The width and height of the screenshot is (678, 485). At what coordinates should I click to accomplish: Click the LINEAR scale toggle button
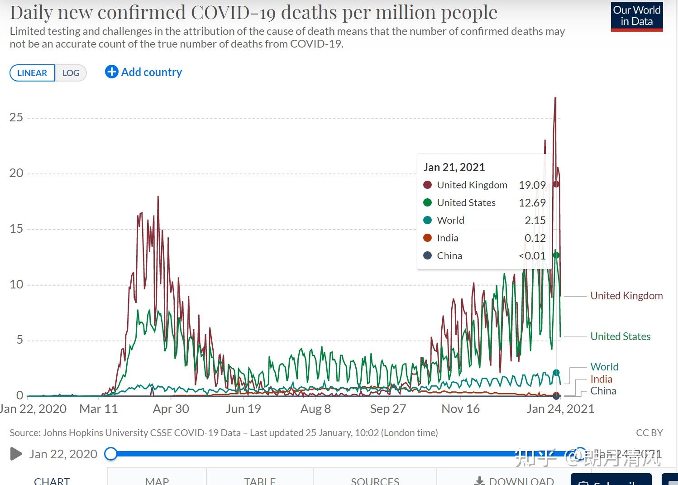pyautogui.click(x=32, y=73)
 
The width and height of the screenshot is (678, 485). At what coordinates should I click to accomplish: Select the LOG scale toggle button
pyautogui.click(x=71, y=73)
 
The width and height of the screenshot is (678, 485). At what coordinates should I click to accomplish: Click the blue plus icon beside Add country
pyautogui.click(x=111, y=72)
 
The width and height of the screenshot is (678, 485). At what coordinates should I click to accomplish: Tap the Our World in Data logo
pyautogui.click(x=636, y=16)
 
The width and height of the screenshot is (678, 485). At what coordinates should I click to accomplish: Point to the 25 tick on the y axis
pyautogui.click(x=16, y=117)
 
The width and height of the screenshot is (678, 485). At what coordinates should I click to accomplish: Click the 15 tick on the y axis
pyautogui.click(x=16, y=229)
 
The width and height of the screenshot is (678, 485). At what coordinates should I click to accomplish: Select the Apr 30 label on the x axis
pyautogui.click(x=171, y=409)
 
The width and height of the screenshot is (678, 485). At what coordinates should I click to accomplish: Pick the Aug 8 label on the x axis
pyautogui.click(x=315, y=409)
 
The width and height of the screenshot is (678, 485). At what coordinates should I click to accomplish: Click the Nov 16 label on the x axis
pyautogui.click(x=460, y=409)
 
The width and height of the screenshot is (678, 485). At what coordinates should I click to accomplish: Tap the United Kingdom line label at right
pyautogui.click(x=626, y=296)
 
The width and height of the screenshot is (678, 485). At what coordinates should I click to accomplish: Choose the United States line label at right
pyautogui.click(x=620, y=336)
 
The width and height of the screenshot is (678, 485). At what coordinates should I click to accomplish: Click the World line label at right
pyautogui.click(x=604, y=367)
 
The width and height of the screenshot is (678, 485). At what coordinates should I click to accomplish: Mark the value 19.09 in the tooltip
pyautogui.click(x=532, y=185)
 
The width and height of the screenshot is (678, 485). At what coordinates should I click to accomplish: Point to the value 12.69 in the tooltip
pyautogui.click(x=532, y=203)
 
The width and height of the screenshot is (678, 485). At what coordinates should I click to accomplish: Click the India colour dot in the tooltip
pyautogui.click(x=427, y=238)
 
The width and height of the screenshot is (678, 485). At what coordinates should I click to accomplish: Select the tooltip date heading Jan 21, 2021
pyautogui.click(x=454, y=168)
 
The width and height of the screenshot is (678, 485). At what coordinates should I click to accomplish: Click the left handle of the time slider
pyautogui.click(x=111, y=454)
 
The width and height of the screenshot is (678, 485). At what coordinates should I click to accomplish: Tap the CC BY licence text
pyautogui.click(x=649, y=433)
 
